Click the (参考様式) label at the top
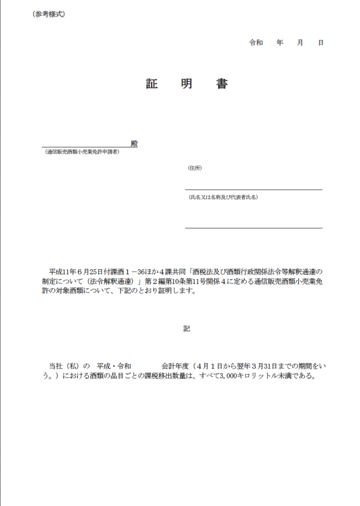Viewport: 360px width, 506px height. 49,14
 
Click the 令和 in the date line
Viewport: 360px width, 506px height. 256,43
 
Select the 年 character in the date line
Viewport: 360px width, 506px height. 280,43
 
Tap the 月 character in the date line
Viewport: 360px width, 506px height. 300,43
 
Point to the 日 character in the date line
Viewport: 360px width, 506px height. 320,43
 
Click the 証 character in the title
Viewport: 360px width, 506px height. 152,84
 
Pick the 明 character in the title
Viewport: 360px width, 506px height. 187,84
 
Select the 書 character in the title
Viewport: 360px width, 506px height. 222,84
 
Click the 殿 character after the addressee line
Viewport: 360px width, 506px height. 134,143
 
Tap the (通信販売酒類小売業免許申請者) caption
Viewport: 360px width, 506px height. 82,152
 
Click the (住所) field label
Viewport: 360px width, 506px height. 195,168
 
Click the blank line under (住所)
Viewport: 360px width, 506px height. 253,189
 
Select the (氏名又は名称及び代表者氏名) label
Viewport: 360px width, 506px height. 223,197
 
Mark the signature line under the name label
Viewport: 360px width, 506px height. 253,228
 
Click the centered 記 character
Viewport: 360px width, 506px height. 186,329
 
